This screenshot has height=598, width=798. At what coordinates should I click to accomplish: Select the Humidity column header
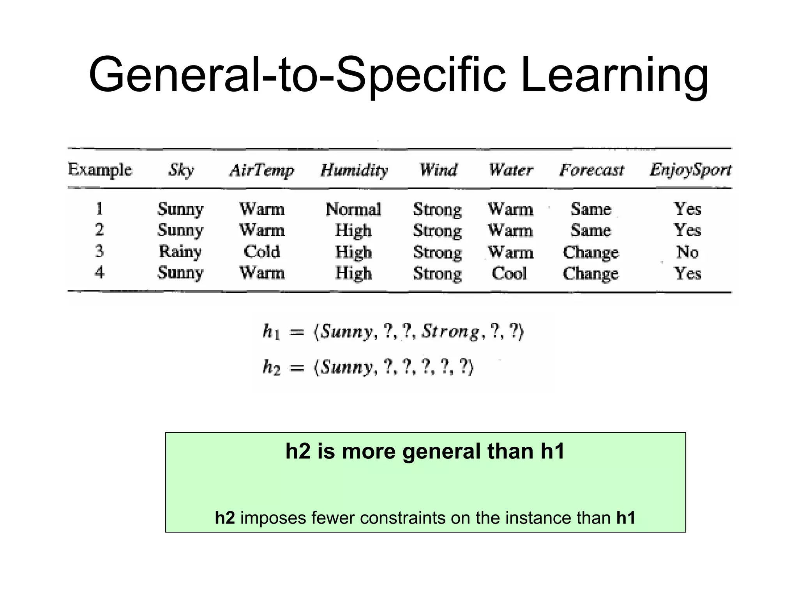click(x=354, y=170)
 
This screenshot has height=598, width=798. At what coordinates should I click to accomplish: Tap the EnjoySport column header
click(x=690, y=170)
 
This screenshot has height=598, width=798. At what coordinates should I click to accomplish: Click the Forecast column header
click(x=591, y=170)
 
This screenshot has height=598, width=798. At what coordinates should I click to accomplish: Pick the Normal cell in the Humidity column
click(x=353, y=209)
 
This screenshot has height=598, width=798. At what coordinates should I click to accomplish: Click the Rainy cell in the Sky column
click(x=180, y=251)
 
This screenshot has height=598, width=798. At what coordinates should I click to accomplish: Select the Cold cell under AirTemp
click(x=262, y=251)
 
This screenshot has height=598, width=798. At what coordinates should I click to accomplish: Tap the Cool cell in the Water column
click(x=509, y=273)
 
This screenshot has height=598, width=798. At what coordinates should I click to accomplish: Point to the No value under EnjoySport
click(x=687, y=252)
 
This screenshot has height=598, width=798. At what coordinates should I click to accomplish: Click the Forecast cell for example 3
click(x=591, y=252)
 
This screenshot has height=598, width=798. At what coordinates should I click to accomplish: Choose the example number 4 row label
click(x=99, y=272)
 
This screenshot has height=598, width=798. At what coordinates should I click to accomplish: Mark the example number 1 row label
click(x=99, y=209)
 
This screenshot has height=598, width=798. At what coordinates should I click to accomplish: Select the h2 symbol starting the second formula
click(x=271, y=367)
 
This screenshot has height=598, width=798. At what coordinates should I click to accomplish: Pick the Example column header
click(x=100, y=170)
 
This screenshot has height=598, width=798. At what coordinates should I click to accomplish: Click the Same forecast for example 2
click(x=591, y=230)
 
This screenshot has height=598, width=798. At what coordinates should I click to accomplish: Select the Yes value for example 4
click(x=687, y=273)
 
